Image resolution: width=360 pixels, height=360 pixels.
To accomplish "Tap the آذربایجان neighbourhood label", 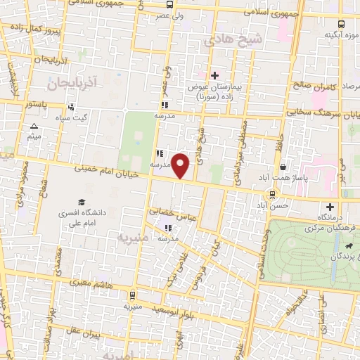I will pyautogui.click(x=72, y=84).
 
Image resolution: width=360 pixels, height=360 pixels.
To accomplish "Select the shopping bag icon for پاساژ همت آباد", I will pyautogui.click(x=283, y=167).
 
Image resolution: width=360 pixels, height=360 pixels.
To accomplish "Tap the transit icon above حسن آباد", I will pyautogui.click(x=272, y=195).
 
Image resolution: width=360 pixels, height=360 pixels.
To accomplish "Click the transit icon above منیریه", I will pyautogui.click(x=133, y=295).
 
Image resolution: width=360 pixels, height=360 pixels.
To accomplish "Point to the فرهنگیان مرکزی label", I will pyautogui.click(x=330, y=229).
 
